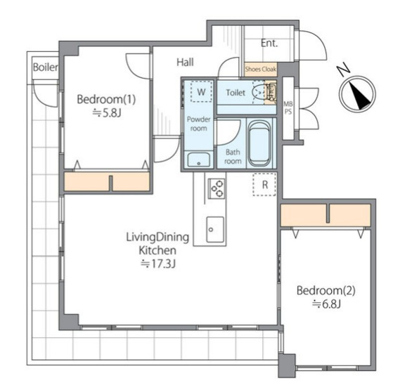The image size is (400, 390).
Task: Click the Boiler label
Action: [x=46, y=67]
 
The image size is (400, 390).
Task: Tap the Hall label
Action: [x=185, y=63]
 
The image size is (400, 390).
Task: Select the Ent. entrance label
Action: [x=269, y=43]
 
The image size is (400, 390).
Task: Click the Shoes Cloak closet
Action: [x=261, y=70]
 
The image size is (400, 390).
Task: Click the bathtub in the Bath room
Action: [x=259, y=143]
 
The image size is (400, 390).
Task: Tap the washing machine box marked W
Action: [x=201, y=92]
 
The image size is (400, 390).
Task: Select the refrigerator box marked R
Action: [x=264, y=184]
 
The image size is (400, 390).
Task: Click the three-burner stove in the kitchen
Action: [x=217, y=189]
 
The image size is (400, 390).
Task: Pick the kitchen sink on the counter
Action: [x=215, y=229]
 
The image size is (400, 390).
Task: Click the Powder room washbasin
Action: [x=199, y=160]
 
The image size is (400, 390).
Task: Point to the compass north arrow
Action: [x=359, y=96]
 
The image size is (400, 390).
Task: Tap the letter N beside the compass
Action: [x=343, y=69]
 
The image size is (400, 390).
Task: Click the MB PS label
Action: [x=288, y=108]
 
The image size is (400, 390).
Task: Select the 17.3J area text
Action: [x=158, y=264]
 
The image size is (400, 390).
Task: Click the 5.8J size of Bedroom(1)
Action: [x=107, y=112]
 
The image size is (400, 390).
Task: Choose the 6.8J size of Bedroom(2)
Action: [x=326, y=304]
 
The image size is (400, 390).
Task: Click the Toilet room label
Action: [x=236, y=92]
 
